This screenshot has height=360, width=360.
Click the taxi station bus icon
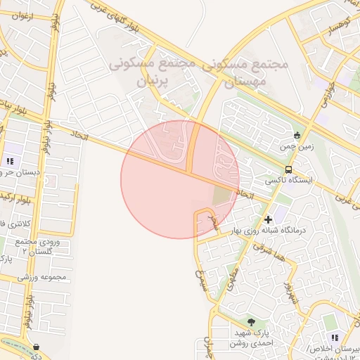(x=289, y=169)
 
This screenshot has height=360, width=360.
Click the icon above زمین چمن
(x=297, y=135)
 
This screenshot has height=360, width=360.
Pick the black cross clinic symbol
(x=268, y=219)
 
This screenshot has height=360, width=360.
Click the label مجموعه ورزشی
(x=41, y=277)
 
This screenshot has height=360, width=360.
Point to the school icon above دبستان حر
(x=10, y=160)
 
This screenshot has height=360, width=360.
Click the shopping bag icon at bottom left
(x=36, y=346)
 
